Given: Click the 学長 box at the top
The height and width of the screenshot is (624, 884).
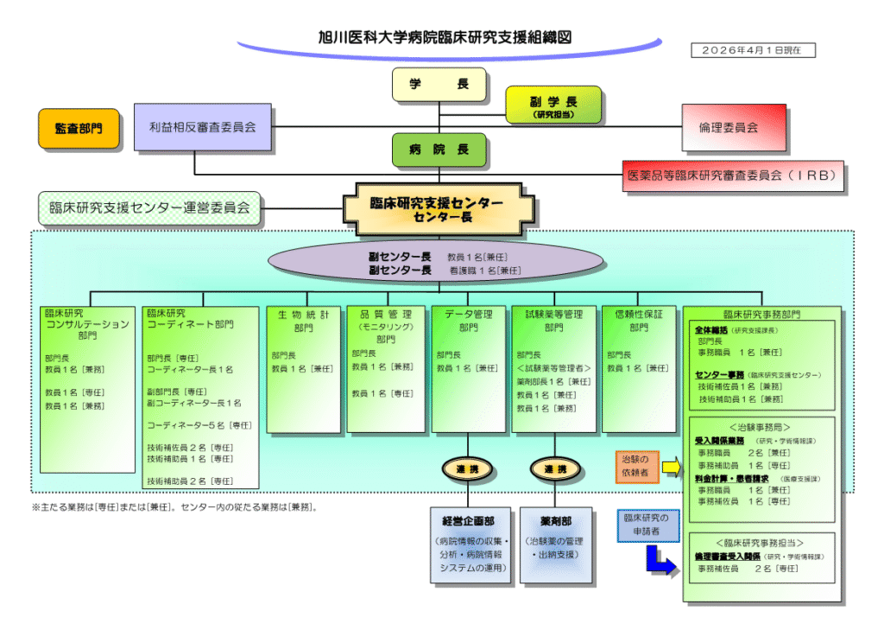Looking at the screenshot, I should tap(439, 85).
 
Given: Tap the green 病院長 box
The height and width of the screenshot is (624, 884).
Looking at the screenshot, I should tap(439, 150).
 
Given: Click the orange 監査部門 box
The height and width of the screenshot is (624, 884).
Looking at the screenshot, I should tap(78, 128).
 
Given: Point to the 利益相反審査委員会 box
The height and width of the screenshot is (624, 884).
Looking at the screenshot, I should tap(202, 127).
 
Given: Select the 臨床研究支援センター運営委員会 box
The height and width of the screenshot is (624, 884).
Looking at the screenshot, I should tap(149, 207).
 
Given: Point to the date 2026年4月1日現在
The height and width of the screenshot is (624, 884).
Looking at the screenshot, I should tap(752, 50).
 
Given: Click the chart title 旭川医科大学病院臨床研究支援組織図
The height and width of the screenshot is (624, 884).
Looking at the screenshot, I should tap(445, 37).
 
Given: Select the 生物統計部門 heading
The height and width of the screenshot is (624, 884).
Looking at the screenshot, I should tap(303, 321).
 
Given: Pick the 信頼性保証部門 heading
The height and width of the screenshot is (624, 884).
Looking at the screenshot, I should tap(638, 321).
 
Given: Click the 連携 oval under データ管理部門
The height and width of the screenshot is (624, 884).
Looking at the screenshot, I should tap(468, 469).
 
